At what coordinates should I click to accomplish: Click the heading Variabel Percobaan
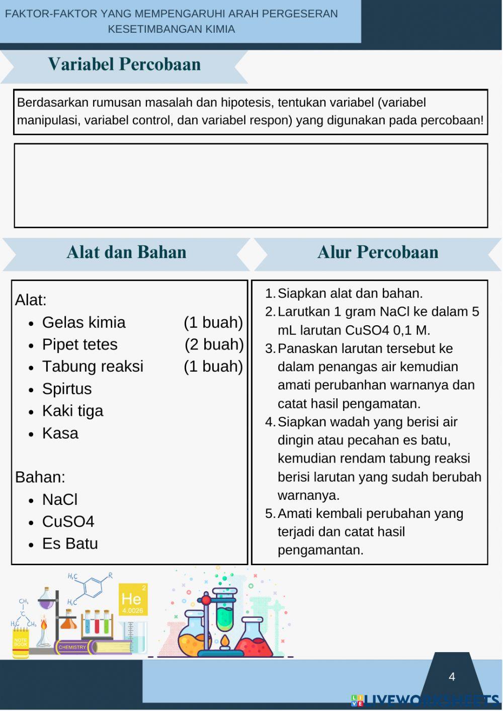pos(124,64)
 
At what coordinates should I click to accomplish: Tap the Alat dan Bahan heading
pos(126,252)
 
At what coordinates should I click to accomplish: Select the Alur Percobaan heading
pos(377,252)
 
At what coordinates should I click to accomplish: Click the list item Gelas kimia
pos(83,322)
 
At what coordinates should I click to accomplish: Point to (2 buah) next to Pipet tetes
pos(214,344)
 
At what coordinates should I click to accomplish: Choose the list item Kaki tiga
pos(72,411)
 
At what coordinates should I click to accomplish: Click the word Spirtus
pos(67,389)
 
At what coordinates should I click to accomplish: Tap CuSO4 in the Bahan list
pos(68,521)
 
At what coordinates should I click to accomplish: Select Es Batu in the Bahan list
pos(70,544)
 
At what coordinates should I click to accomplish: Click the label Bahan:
pos(40,477)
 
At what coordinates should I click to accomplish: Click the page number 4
pos(452,677)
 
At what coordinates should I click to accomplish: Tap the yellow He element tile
pos(133,600)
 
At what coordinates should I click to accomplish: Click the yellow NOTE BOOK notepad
pos(21,644)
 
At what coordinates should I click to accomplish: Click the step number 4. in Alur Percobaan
pos(270,422)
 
